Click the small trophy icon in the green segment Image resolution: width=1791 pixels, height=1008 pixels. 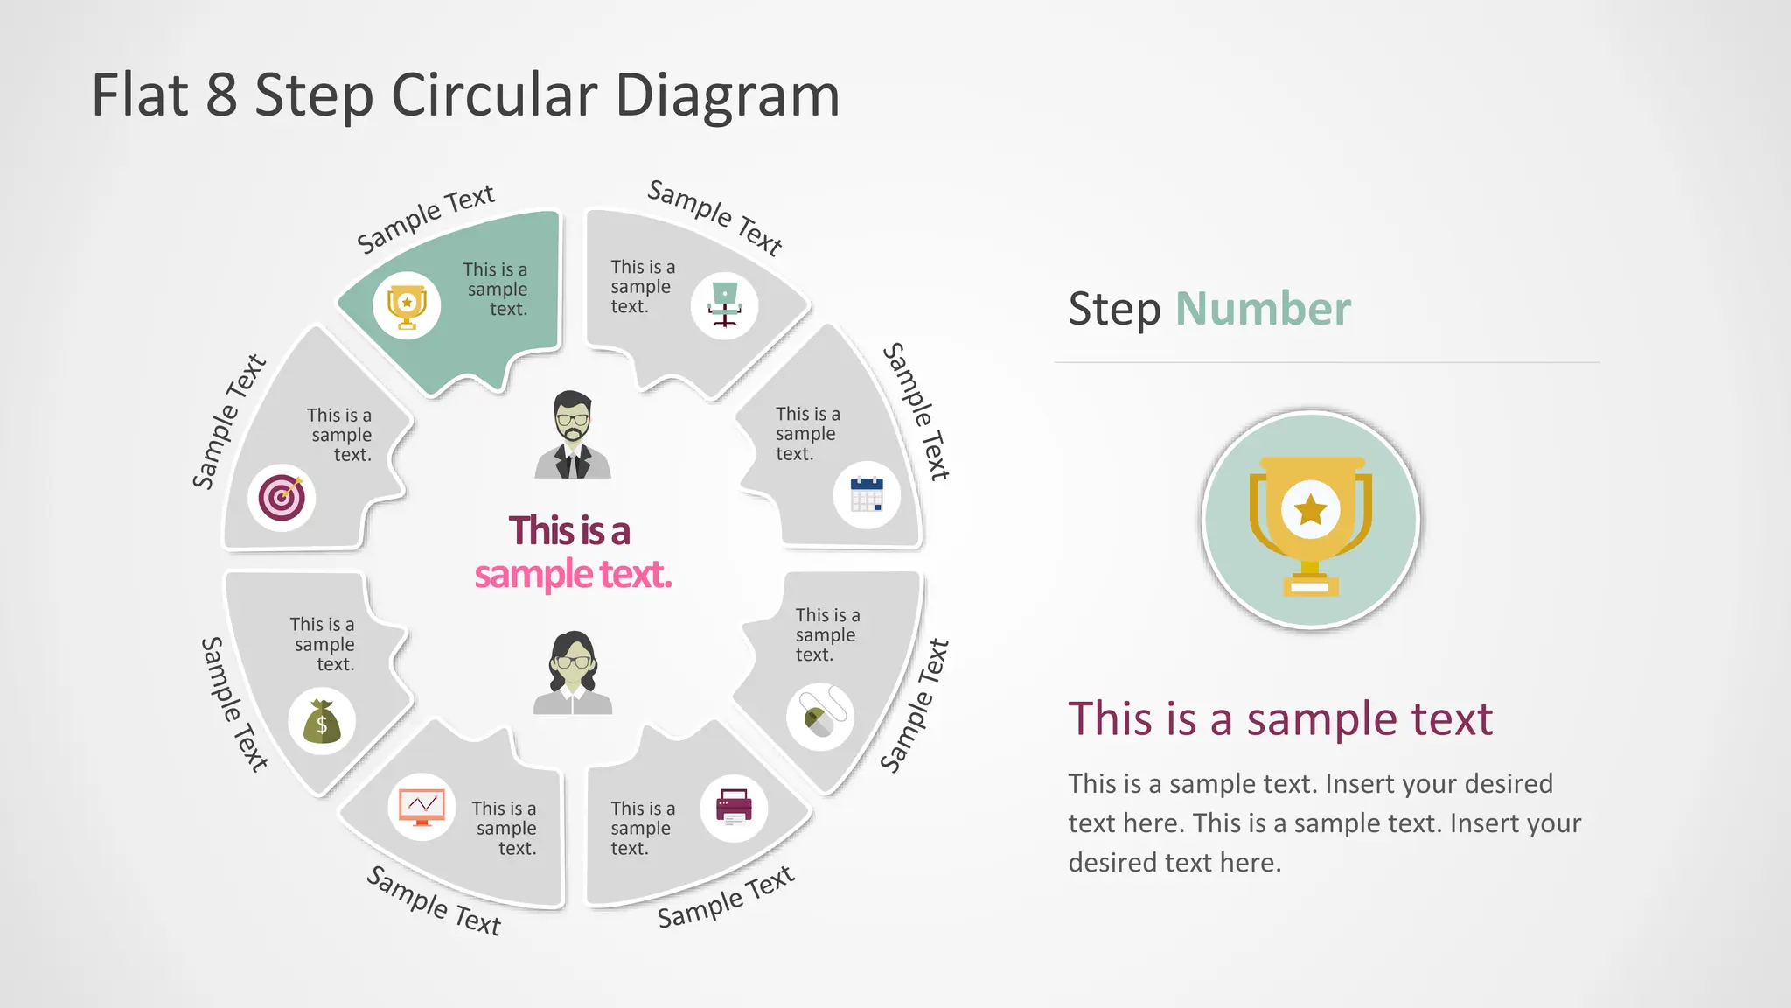407,306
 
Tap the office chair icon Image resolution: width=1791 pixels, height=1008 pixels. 724,304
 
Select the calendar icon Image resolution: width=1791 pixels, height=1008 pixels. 867,494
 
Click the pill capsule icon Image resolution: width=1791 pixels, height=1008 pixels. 820,717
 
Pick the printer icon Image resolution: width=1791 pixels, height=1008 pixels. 734,808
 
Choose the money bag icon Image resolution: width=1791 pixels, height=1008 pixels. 322,722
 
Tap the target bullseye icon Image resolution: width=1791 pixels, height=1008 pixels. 282,498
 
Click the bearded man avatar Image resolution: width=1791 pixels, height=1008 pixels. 573,435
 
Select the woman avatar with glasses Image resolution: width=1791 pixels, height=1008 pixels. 573,673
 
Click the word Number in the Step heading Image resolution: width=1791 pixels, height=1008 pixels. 1263,309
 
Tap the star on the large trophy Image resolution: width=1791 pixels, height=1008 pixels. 1310,509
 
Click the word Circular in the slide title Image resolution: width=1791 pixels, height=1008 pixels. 495,94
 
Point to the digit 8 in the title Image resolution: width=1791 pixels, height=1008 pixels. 222,94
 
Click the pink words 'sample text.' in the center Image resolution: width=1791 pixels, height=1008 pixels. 573,575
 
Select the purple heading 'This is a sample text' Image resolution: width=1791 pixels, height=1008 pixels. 1280,718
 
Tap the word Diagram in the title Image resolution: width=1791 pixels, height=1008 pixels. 728,96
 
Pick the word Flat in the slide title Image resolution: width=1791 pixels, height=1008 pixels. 140,94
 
